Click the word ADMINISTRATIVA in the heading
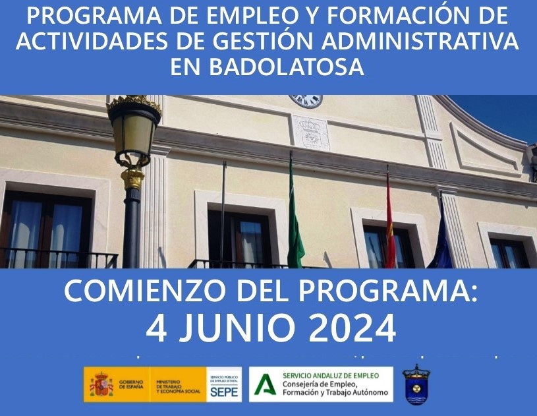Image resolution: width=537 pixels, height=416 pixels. tap(418, 41)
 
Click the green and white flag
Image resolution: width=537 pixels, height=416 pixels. tap(295, 224)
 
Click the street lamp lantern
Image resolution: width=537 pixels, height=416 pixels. tap(134, 129)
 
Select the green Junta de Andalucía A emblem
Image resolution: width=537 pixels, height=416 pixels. tap(265, 384)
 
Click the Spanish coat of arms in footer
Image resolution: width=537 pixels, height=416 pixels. tap(101, 384)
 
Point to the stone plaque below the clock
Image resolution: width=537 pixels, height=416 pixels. tap(310, 132)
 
